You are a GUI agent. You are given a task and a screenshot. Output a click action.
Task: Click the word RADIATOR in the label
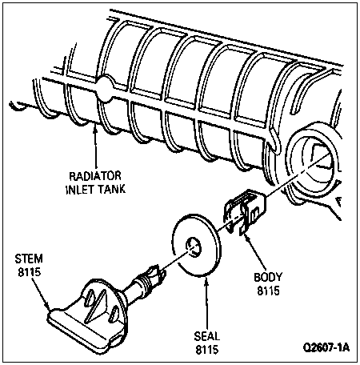coord(95,176)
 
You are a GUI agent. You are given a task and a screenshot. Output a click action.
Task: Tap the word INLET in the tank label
coord(79,189)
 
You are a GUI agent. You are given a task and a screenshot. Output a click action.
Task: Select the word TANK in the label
coord(111,189)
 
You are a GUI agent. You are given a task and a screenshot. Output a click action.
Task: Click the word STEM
coord(29,259)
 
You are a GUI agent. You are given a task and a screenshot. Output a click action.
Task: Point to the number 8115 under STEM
coord(30,272)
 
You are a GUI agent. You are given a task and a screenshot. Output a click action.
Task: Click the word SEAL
coord(207,336)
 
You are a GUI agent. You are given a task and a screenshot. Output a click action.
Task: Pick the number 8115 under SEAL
coord(207,349)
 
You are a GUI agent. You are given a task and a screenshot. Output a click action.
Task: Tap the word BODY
coord(268,277)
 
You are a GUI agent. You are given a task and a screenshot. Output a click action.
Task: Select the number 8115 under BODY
coord(268,291)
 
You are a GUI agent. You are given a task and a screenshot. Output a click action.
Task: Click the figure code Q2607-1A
coord(326,347)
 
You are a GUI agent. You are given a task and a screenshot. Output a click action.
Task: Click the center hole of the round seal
coord(194,247)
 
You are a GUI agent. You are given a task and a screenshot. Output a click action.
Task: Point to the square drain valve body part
coord(245,211)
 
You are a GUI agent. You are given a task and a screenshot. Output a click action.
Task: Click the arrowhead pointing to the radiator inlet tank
coord(94,130)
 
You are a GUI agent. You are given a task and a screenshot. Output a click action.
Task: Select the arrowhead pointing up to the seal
coord(206,282)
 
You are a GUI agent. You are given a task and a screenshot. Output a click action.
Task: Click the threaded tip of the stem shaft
coord(158,275)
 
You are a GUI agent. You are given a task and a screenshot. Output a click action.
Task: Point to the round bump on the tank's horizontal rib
coord(105,89)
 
